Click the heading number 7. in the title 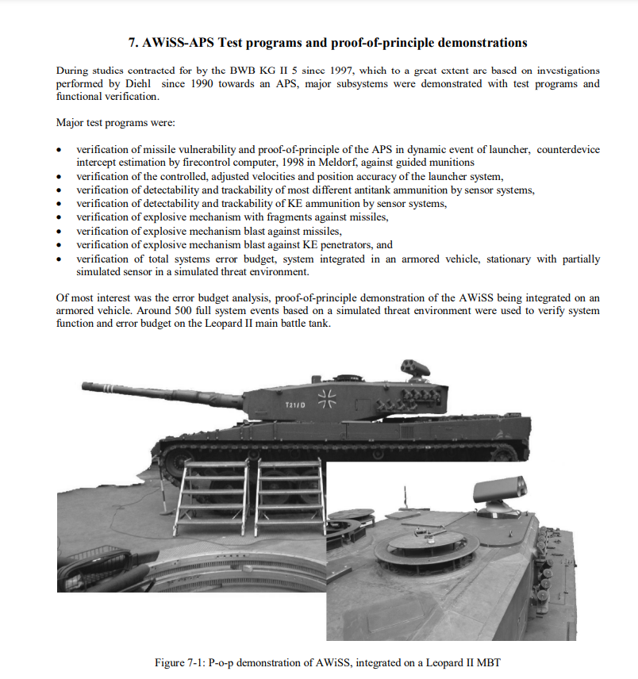tap(134, 41)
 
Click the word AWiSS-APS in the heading tap(181, 41)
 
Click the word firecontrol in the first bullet tap(205, 162)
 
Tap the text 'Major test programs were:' tap(116, 123)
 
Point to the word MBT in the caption tap(490, 662)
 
